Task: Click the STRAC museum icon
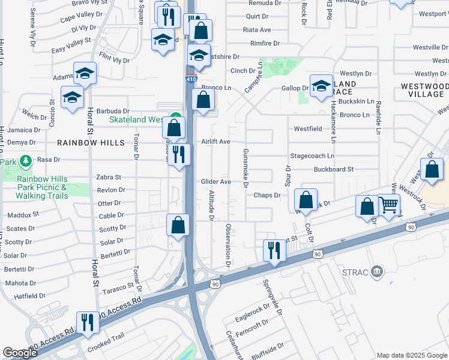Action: (376, 272)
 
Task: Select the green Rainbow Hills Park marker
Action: (25, 161)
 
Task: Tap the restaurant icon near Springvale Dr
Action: (274, 250)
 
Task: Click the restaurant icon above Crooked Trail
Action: (88, 322)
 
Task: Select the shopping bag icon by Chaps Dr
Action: (306, 200)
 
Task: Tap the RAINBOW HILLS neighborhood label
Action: (91, 143)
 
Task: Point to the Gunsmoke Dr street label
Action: (245, 169)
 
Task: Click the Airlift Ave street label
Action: (216, 142)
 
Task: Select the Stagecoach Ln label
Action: (312, 156)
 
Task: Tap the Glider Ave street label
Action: (216, 182)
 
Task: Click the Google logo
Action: (20, 353)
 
